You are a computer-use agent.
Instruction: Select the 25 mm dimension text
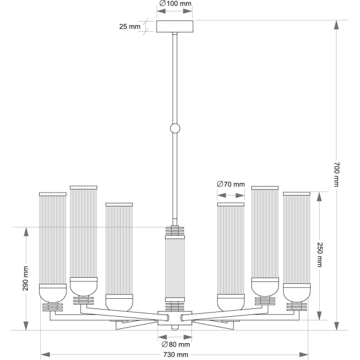[x=129, y=26]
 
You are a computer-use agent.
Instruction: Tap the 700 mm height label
[x=337, y=175]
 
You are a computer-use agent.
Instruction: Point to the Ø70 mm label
[x=231, y=184]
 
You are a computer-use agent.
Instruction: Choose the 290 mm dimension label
[x=26, y=278]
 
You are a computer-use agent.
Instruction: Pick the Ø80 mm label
[x=176, y=344]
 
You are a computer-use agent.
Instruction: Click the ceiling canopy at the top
[x=175, y=26]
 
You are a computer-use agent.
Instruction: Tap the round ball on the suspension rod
[x=175, y=128]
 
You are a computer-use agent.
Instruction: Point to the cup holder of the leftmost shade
[x=53, y=292]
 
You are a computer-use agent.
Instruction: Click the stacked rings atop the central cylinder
[x=175, y=232]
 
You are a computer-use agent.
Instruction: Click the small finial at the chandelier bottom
[x=175, y=328]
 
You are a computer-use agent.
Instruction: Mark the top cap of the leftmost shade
[x=53, y=194]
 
